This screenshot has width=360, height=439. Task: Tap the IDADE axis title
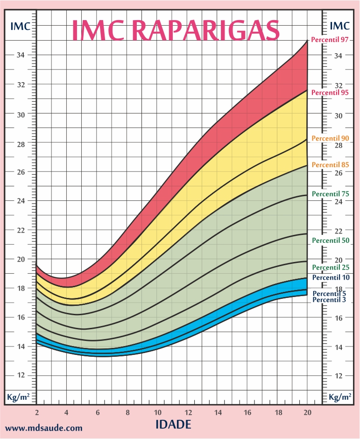point(173,425)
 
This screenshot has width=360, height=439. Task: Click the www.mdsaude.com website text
point(44,427)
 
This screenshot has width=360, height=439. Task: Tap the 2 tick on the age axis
point(36,413)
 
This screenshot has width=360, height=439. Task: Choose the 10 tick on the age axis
point(157,413)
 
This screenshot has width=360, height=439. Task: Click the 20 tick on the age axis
point(307,413)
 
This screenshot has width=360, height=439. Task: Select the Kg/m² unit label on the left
point(19,397)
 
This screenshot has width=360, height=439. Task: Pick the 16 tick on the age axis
point(247,413)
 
